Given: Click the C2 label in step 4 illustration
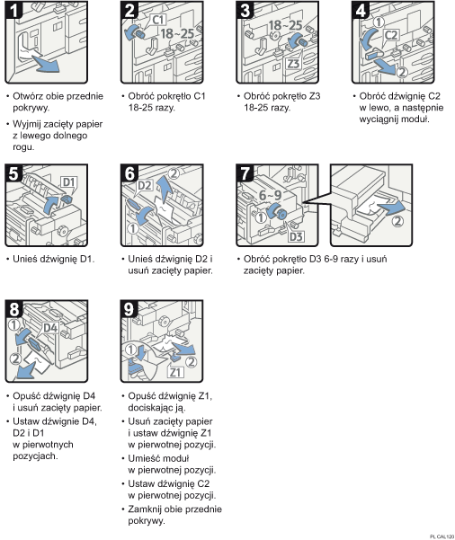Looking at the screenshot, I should [392, 36].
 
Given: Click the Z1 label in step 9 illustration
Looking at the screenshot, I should [174, 372].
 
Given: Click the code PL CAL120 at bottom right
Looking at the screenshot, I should [436, 535].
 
